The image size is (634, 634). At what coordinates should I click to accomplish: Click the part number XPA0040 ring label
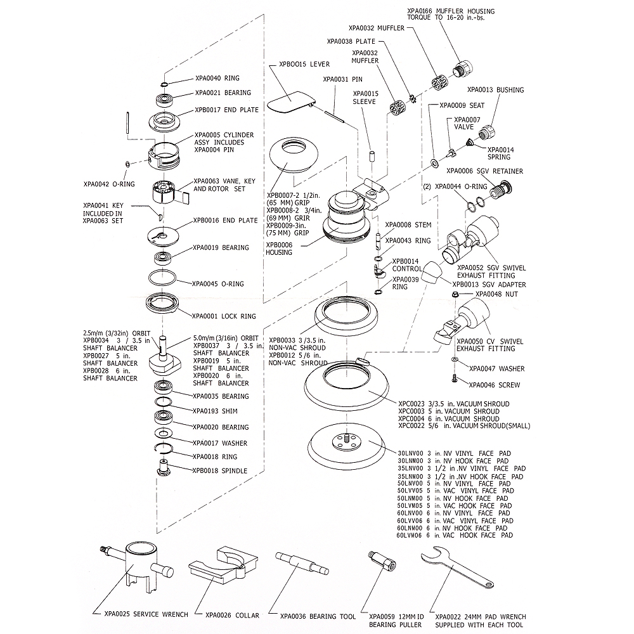(208, 78)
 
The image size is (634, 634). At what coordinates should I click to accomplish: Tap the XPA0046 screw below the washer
(455, 379)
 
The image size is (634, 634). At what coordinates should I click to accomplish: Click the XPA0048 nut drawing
(456, 294)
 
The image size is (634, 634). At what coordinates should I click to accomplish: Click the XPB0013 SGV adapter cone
(436, 273)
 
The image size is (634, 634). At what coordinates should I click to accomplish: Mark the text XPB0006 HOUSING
(280, 249)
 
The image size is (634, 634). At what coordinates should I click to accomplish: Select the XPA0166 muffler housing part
(465, 68)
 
